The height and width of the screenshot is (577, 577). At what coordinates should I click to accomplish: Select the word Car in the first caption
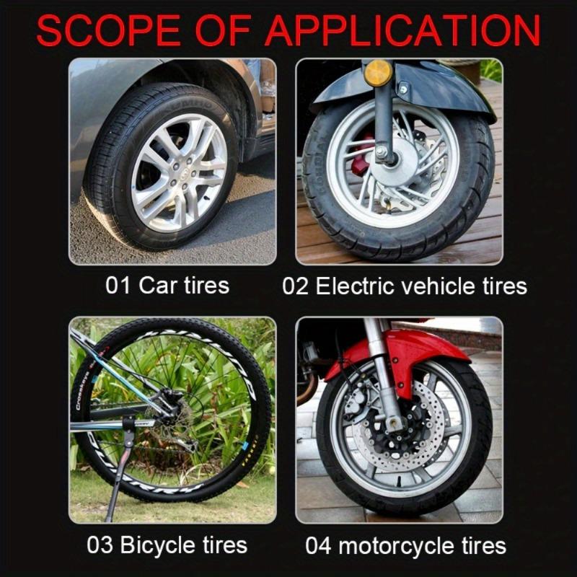[x=157, y=285]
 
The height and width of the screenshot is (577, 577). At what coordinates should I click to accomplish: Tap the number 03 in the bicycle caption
[x=100, y=544]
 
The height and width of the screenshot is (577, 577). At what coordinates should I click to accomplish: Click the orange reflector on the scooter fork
[x=378, y=72]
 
